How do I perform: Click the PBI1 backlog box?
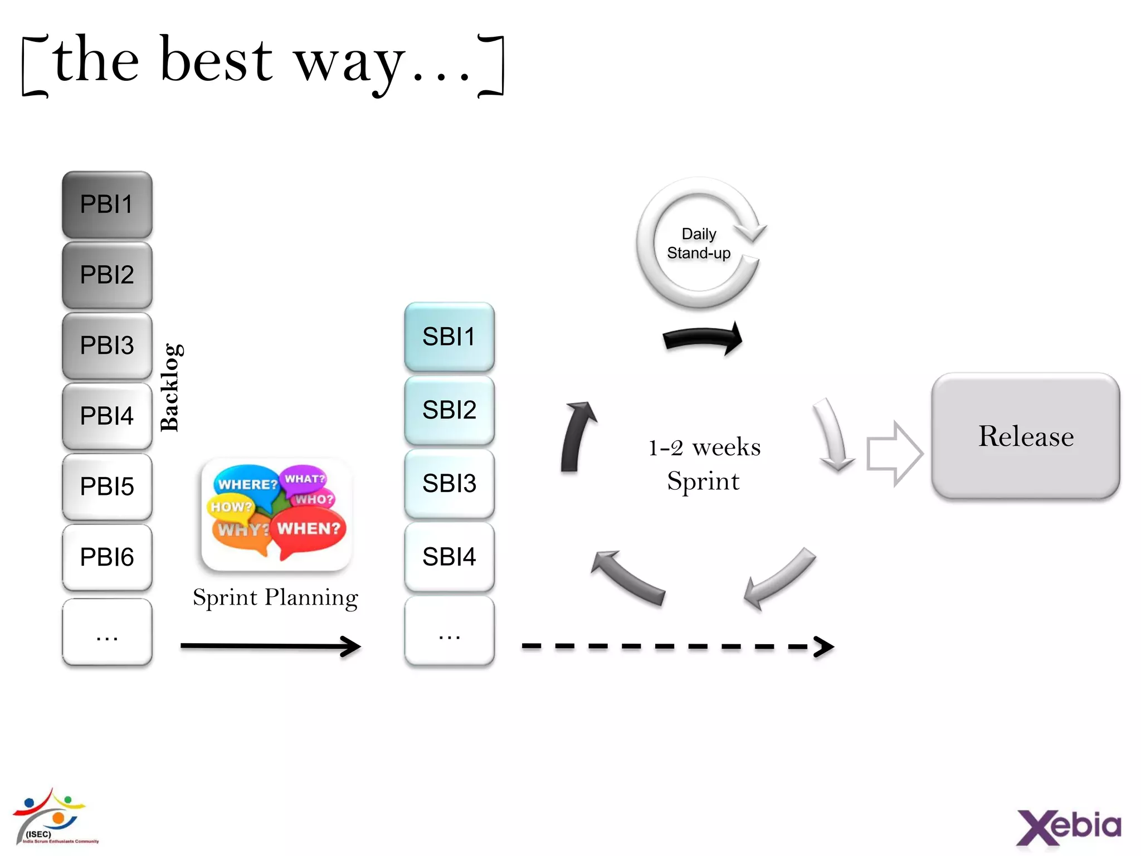coord(107,205)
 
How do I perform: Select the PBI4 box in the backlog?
coord(107,416)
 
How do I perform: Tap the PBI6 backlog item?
coord(107,557)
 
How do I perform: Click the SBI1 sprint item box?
coord(449,337)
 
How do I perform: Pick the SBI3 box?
coord(449,483)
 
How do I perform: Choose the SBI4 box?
coord(449,557)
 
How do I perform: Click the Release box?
coord(1025,436)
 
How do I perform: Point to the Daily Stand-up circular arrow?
coord(646,262)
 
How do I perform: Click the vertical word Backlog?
coord(169,387)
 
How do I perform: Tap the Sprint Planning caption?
coord(275,597)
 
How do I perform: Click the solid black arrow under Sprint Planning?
coord(271,646)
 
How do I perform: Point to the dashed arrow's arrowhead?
coord(825,646)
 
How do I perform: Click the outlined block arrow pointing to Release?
coord(894,454)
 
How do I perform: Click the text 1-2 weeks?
coord(704,448)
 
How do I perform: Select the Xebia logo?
coord(1068,826)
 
